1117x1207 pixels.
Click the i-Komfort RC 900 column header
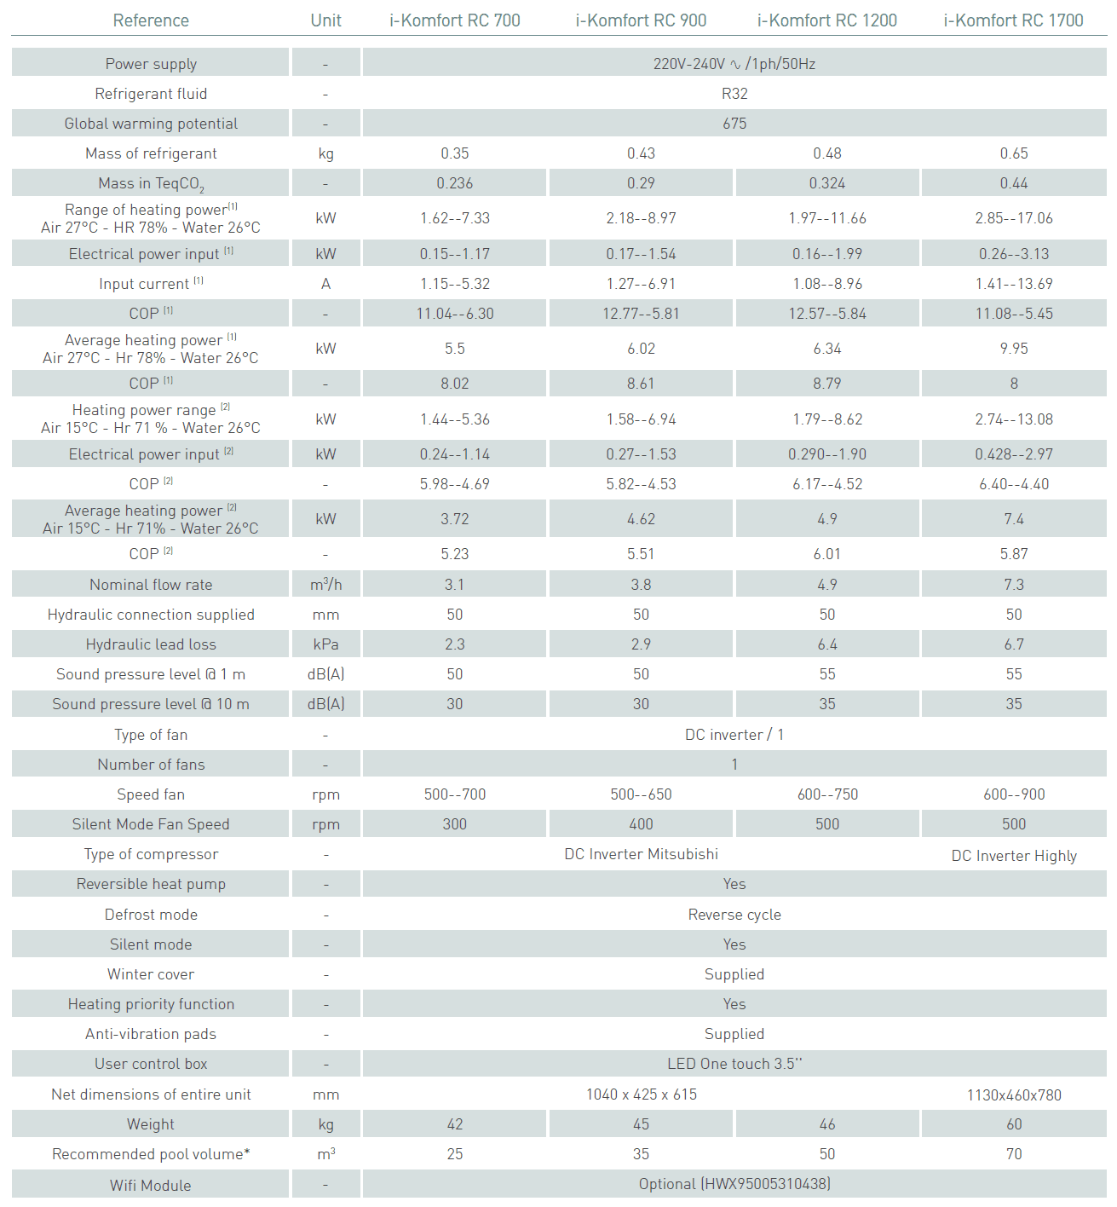[641, 20]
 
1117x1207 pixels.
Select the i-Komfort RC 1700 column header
[1013, 20]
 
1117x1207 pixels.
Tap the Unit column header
[325, 20]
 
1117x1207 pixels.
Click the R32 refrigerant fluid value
[734, 94]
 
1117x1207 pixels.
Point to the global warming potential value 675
[734, 124]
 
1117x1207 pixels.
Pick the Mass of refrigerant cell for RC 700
[455, 153]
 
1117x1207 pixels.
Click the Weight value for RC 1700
[1014, 1124]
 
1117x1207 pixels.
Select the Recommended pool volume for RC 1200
[827, 1154]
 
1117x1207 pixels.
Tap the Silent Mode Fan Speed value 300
[455, 824]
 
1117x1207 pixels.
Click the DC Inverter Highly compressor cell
[1014, 856]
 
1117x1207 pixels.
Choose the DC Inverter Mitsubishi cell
[641, 854]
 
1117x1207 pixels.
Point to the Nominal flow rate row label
[151, 585]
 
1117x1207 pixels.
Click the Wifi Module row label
[151, 1186]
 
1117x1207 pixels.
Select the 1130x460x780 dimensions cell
[1014, 1095]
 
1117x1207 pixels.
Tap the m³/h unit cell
[325, 585]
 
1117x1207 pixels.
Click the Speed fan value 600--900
[1014, 794]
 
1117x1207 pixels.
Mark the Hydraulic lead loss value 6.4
[827, 644]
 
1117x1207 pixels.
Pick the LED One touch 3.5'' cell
[734, 1064]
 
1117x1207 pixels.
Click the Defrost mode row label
[151, 915]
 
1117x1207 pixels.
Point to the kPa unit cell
[325, 644]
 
